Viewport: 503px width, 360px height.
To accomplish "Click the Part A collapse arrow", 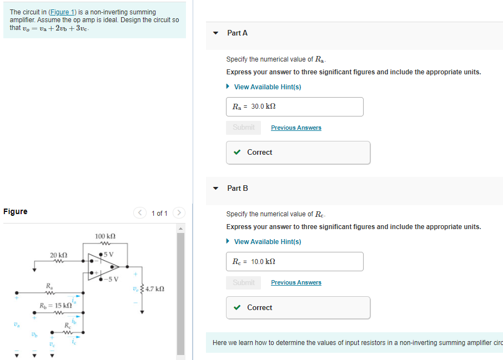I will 216,33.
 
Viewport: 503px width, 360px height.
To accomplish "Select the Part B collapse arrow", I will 216,188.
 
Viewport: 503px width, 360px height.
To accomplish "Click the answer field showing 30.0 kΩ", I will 295,107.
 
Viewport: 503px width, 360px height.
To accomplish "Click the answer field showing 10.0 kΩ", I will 295,261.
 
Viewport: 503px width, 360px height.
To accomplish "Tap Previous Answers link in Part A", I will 296,128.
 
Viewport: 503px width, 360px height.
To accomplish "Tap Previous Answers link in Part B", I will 296,282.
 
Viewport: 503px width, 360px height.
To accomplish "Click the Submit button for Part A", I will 243,128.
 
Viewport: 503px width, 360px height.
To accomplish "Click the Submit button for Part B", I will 243,282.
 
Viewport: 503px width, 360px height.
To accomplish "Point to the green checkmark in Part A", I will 237,153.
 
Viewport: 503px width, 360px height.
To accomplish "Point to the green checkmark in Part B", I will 237,307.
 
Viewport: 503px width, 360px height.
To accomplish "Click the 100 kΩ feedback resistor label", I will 105,236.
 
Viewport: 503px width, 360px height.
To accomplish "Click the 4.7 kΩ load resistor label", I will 153,289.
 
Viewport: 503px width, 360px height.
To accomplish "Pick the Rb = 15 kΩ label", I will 55,306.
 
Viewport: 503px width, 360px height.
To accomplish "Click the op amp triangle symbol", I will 104,266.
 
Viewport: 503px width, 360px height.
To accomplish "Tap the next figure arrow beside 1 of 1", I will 178,213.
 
